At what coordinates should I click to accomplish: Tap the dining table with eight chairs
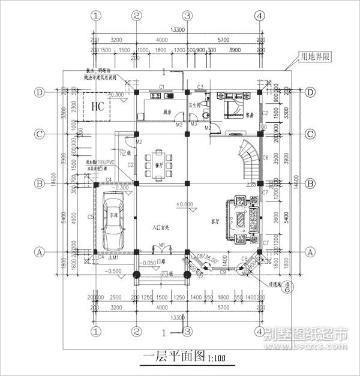pos(159,164)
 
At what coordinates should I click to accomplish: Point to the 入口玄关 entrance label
pos(161,227)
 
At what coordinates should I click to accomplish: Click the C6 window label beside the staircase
pos(265,157)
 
